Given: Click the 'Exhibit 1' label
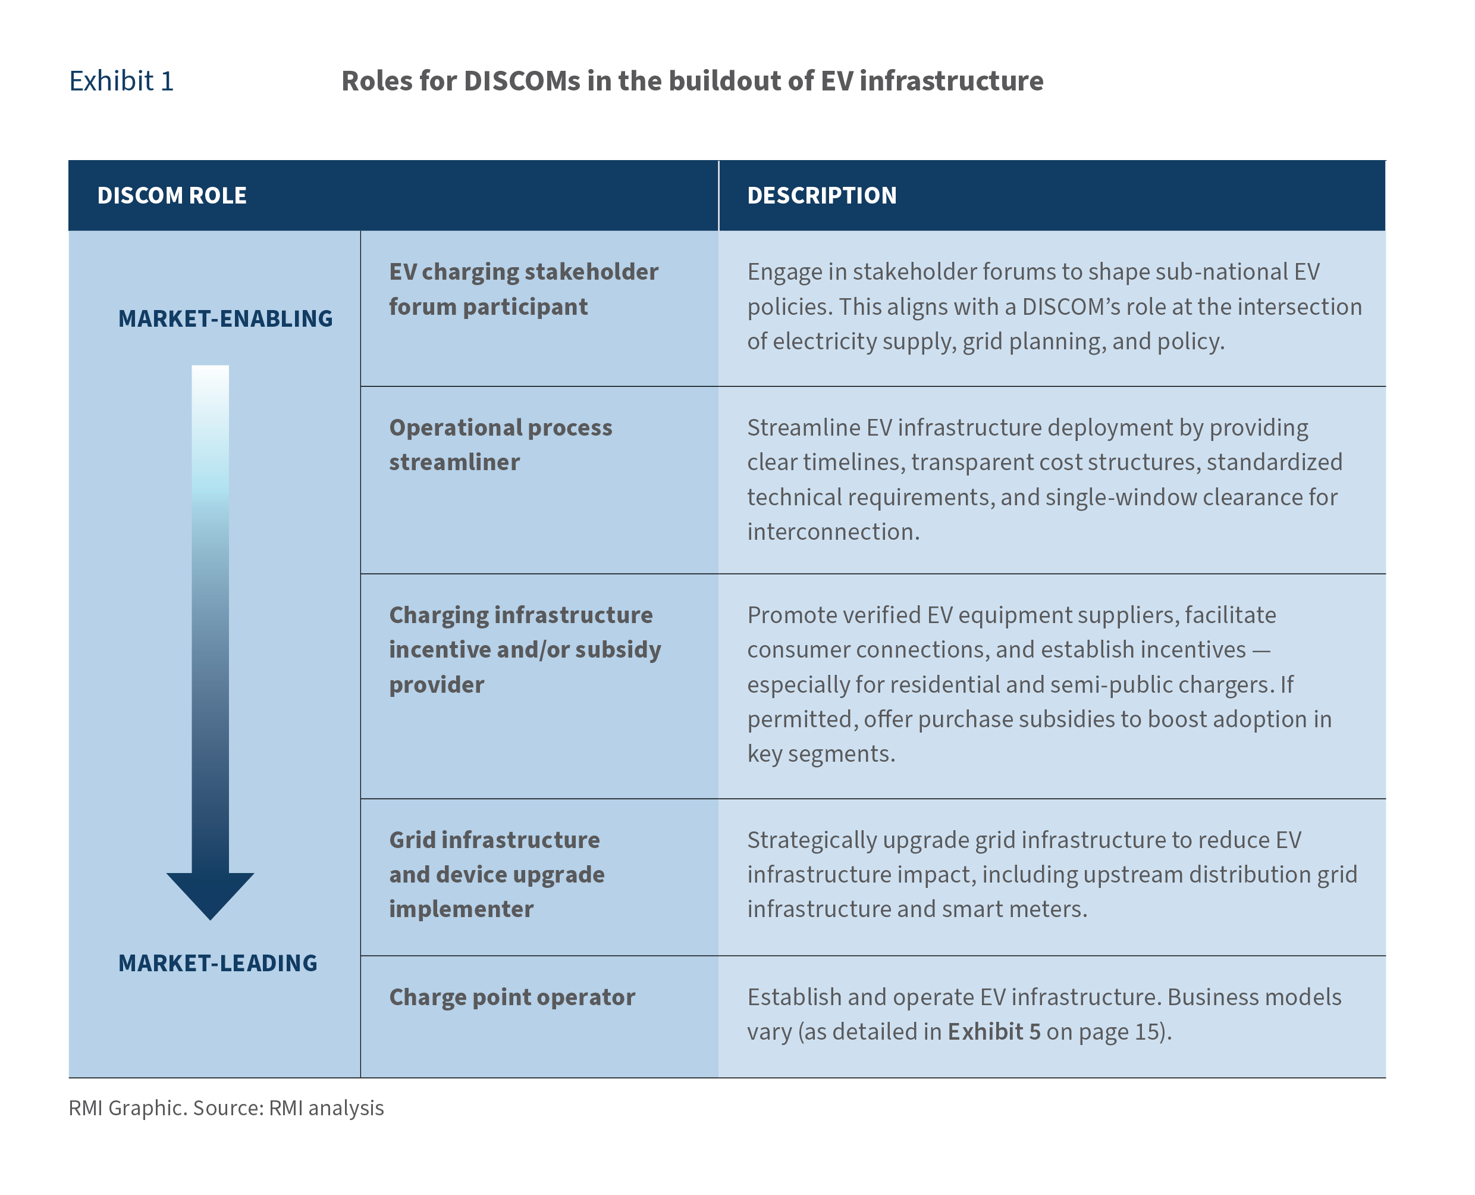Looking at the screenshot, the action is [x=121, y=81].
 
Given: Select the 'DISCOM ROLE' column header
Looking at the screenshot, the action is [x=172, y=195].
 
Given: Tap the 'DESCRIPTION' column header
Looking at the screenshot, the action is [x=821, y=195].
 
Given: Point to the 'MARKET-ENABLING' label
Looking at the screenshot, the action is [x=225, y=319].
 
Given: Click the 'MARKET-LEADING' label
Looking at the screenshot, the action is [x=218, y=963].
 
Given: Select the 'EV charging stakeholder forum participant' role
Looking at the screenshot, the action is [x=523, y=289].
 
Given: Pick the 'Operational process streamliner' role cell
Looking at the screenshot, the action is [x=501, y=445].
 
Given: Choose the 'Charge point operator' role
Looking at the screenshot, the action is [x=512, y=997].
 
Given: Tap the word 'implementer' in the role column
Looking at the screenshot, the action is [x=461, y=909].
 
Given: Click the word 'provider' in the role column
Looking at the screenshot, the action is [x=437, y=685].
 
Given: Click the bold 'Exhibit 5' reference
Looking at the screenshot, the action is [x=994, y=1031].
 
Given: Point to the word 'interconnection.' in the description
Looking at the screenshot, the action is [x=833, y=531].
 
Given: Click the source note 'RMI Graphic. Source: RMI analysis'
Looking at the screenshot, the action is [x=227, y=1108].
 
